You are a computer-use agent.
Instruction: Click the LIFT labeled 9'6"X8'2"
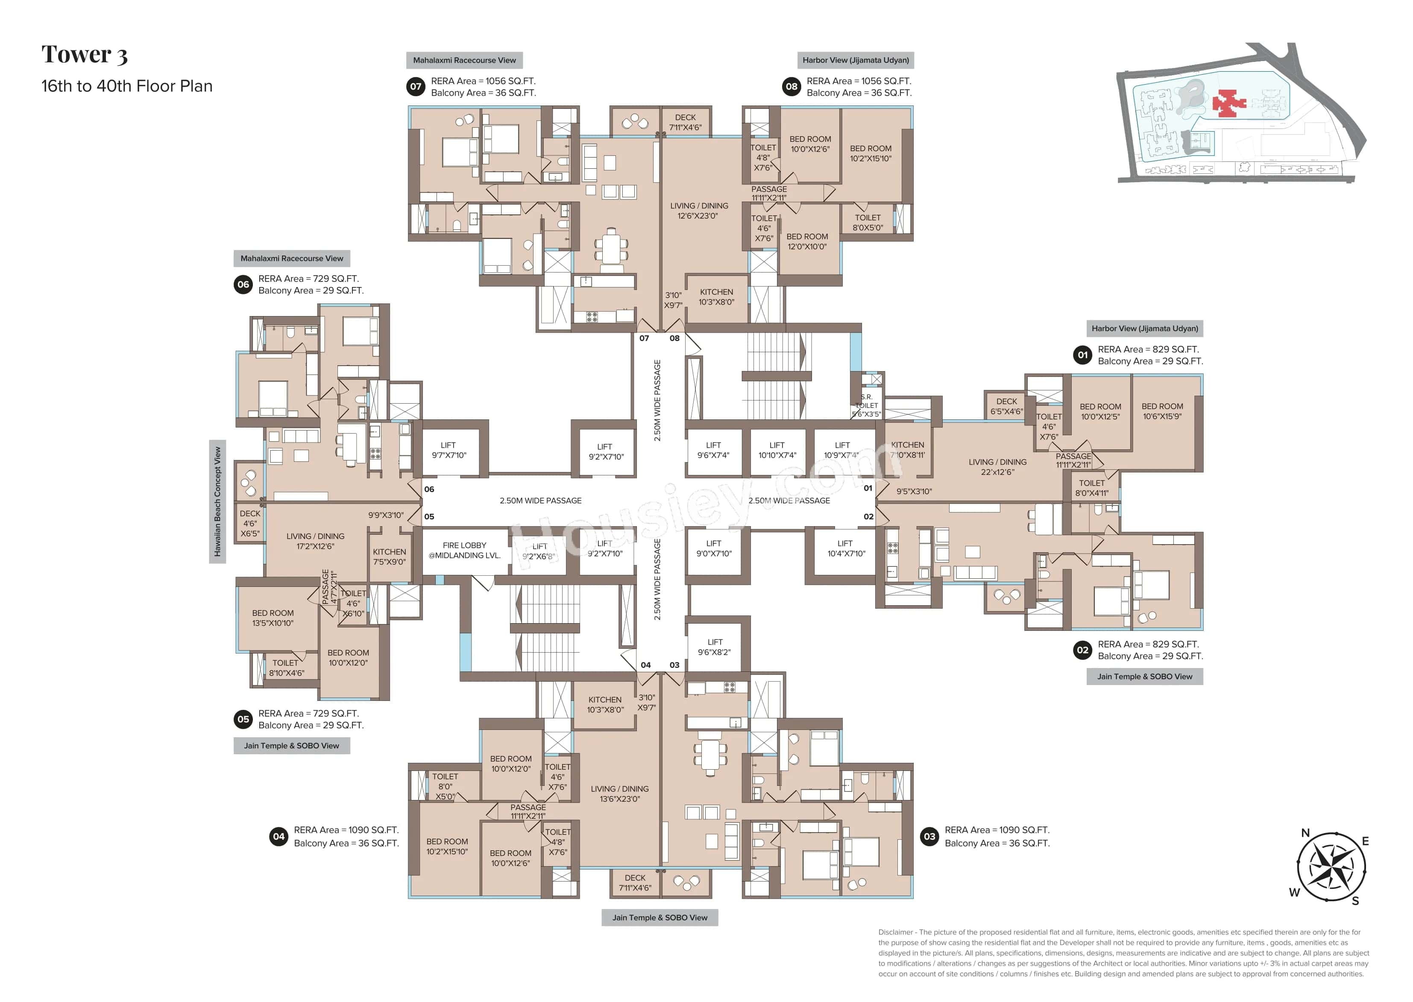pyautogui.click(x=715, y=647)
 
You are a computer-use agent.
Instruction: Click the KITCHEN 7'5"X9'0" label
pyautogui.click(x=390, y=557)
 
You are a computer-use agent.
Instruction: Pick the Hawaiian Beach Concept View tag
pyautogui.click(x=217, y=501)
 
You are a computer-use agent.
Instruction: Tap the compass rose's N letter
pyautogui.click(x=1305, y=833)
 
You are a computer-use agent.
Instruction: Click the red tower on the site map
pyautogui.click(x=1228, y=103)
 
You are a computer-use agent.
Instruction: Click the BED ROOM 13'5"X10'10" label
pyautogui.click(x=273, y=618)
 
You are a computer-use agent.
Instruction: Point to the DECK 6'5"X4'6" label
pyautogui.click(x=1006, y=406)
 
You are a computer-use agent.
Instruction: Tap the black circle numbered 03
pyautogui.click(x=929, y=837)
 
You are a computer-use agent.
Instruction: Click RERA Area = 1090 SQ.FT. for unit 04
pyautogui.click(x=346, y=830)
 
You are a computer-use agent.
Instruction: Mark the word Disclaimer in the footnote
pyautogui.click(x=895, y=932)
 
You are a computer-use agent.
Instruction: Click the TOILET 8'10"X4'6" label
pyautogui.click(x=286, y=668)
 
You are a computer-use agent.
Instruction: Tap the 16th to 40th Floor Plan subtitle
pyautogui.click(x=126, y=86)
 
